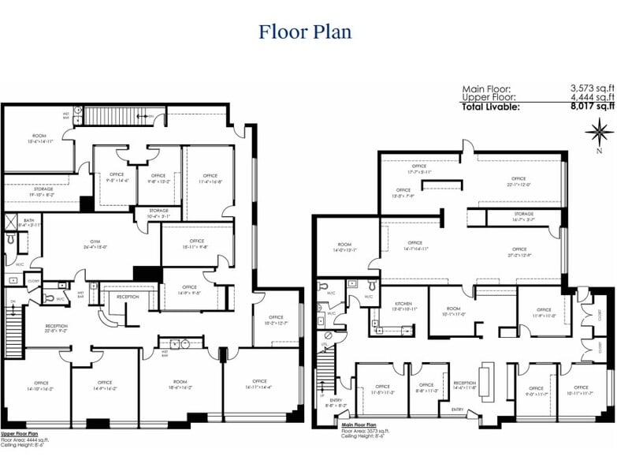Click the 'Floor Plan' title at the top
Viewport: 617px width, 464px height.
tap(305, 32)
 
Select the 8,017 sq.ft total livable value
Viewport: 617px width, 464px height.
tap(592, 106)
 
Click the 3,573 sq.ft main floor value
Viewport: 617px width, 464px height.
tap(592, 88)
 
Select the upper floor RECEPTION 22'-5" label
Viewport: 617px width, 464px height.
tap(57, 327)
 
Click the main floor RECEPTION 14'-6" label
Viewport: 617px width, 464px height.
tap(465, 385)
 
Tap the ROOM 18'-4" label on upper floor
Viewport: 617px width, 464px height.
tap(180, 385)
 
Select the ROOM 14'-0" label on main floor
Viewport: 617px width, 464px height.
tap(344, 247)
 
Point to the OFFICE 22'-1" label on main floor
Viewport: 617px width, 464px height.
tap(518, 181)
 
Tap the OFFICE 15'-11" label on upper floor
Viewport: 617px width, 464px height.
tap(196, 244)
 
